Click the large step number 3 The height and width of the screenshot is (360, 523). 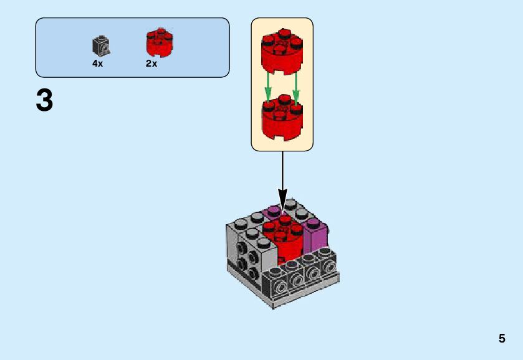44,101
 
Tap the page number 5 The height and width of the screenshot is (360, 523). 502,339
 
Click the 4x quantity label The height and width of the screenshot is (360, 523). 98,64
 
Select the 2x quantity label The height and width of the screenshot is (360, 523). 151,64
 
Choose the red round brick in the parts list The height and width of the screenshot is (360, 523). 159,42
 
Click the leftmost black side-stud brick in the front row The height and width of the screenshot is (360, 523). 276,283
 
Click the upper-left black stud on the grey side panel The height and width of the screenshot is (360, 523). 241,249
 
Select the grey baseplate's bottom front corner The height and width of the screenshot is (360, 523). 273,305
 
